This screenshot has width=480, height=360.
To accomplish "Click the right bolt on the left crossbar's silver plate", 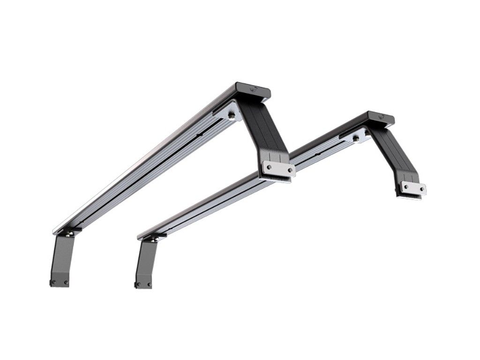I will pyautogui.click(x=290, y=170).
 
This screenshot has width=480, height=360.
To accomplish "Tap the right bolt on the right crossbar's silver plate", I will pyautogui.click(x=422, y=190).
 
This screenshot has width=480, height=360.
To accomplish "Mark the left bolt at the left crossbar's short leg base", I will pyautogui.click(x=54, y=282).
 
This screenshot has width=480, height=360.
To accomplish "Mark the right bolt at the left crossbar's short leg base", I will pyautogui.click(x=66, y=283).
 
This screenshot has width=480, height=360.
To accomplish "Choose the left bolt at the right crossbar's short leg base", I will pyautogui.click(x=138, y=284).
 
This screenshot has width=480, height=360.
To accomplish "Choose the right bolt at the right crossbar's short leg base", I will pyautogui.click(x=149, y=284).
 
